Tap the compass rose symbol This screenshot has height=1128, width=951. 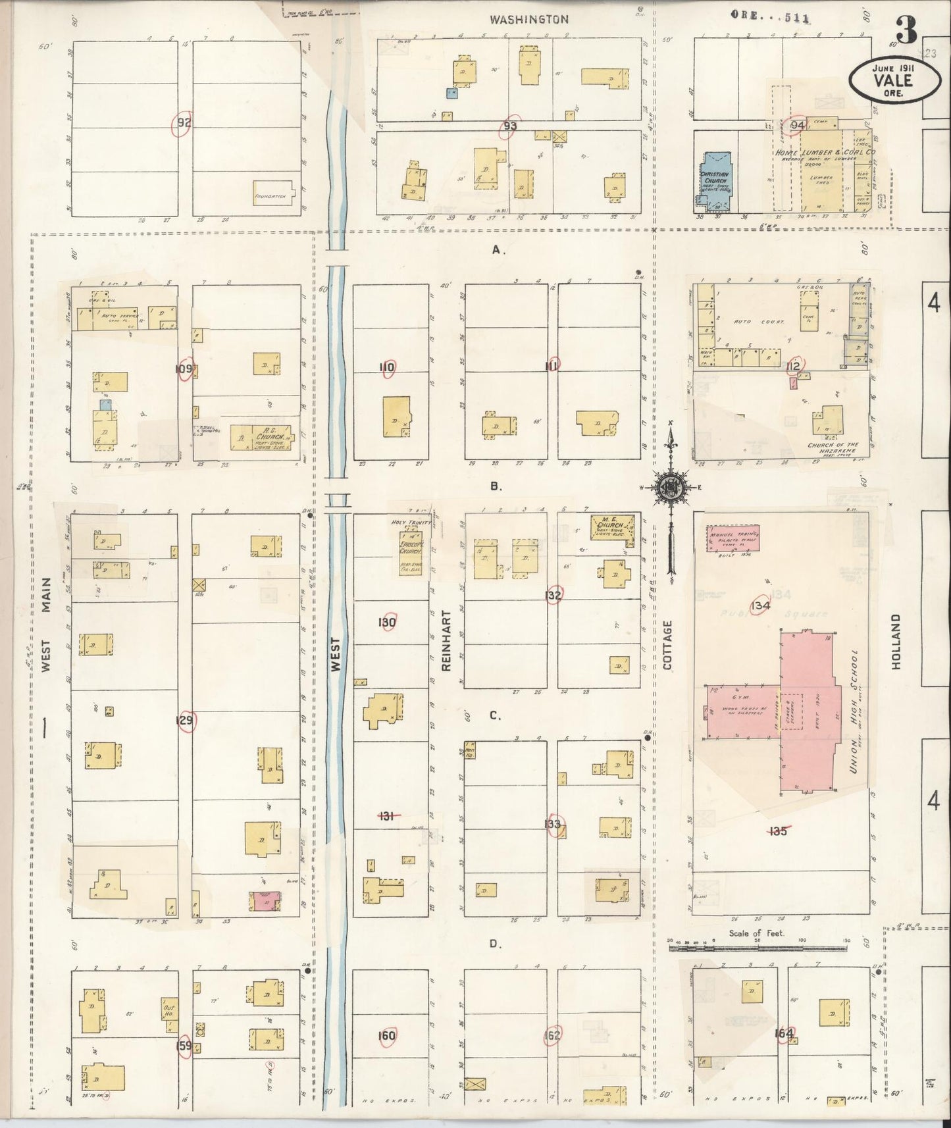point(669,488)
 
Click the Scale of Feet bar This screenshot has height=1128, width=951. point(757,948)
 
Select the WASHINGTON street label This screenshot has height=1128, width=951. point(528,19)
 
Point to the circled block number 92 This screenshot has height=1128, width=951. point(182,123)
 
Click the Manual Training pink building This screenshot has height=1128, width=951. point(733,538)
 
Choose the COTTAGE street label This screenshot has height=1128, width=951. point(668,645)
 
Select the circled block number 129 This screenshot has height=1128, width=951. point(185,721)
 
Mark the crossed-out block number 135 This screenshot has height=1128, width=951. point(778,831)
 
